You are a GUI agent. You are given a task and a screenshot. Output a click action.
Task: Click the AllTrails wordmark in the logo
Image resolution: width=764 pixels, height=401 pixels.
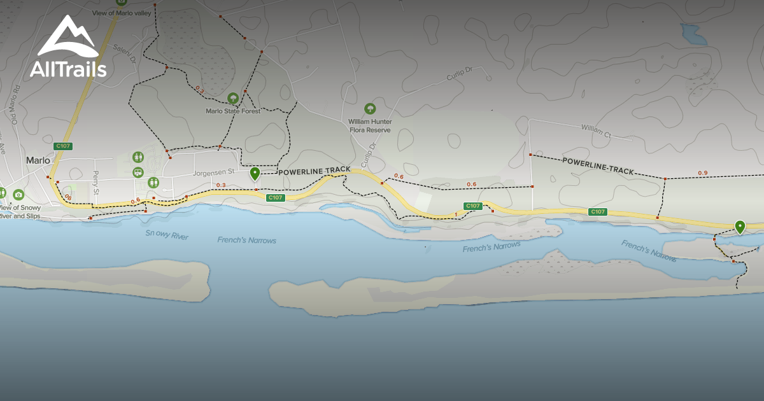coord(68,69)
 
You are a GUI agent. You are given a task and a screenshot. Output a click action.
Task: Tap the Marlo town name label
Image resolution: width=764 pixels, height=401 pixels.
coord(38,160)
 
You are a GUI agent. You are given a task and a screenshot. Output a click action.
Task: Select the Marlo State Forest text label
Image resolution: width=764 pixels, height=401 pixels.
coord(233,111)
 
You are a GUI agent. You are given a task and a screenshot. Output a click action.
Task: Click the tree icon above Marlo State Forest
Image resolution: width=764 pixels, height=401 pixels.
coord(233,99)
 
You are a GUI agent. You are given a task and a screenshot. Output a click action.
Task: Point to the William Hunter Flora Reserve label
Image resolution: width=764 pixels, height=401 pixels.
coord(370,125)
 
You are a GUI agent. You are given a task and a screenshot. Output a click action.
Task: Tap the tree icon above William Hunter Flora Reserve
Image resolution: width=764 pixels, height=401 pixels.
coord(370,109)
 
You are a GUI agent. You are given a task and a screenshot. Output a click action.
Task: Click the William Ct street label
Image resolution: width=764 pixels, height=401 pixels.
coord(595,131)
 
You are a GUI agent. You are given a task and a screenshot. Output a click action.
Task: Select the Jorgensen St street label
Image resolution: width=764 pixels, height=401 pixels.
coord(214,172)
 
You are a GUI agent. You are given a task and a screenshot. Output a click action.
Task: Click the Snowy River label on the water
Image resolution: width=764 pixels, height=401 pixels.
coord(167,236)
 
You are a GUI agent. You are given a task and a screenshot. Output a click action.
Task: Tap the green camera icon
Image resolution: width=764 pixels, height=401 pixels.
coord(18,195)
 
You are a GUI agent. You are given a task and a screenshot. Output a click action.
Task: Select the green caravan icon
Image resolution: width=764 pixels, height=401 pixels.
coord(138,172)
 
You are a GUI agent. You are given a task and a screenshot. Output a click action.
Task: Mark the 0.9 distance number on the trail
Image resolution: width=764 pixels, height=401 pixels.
coord(702,173)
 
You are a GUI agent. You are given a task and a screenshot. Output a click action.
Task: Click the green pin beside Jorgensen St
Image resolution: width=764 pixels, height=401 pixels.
coord(255,173)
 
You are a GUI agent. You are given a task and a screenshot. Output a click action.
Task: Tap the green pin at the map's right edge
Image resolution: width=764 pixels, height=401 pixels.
coord(740,227)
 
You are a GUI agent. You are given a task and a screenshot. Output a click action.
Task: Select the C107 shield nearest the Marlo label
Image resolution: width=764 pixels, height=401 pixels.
coord(63,146)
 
